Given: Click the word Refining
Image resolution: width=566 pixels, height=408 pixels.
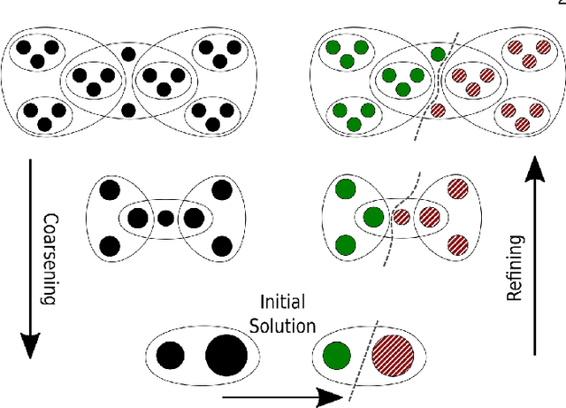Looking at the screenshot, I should (515, 268).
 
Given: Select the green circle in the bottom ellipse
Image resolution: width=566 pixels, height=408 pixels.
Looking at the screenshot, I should (337, 356).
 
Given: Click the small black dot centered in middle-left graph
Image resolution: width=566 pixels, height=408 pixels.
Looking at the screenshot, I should (165, 217).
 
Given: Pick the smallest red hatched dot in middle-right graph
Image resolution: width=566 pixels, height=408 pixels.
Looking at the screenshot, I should (401, 217).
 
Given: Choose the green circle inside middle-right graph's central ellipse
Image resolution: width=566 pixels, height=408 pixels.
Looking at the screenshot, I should (372, 217).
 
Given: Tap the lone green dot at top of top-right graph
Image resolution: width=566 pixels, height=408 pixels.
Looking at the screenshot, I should (439, 53).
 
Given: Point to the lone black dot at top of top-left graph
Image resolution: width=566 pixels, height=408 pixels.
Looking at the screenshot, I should (129, 53).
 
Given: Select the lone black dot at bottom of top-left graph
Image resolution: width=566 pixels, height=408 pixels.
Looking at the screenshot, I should (129, 111).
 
